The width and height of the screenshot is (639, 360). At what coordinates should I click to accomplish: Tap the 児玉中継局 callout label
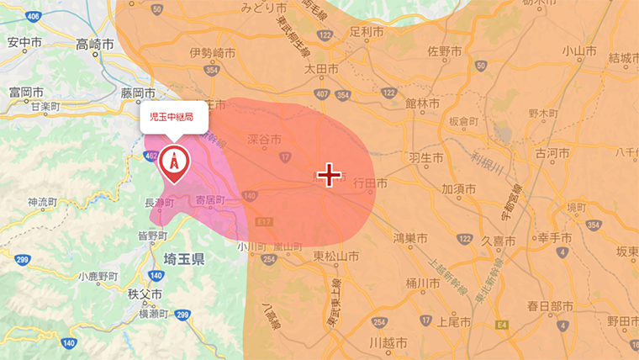coord(172,117)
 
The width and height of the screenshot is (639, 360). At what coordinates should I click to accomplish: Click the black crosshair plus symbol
coord(329,175)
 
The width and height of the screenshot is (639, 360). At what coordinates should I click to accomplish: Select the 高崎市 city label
coord(94,43)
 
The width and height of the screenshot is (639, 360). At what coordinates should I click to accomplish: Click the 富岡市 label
coord(26,92)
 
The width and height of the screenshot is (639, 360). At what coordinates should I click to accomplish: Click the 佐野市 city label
coord(444,52)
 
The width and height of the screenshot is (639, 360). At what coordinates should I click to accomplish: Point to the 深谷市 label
coord(264,140)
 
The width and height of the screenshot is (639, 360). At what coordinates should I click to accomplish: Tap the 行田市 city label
coord(370,183)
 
